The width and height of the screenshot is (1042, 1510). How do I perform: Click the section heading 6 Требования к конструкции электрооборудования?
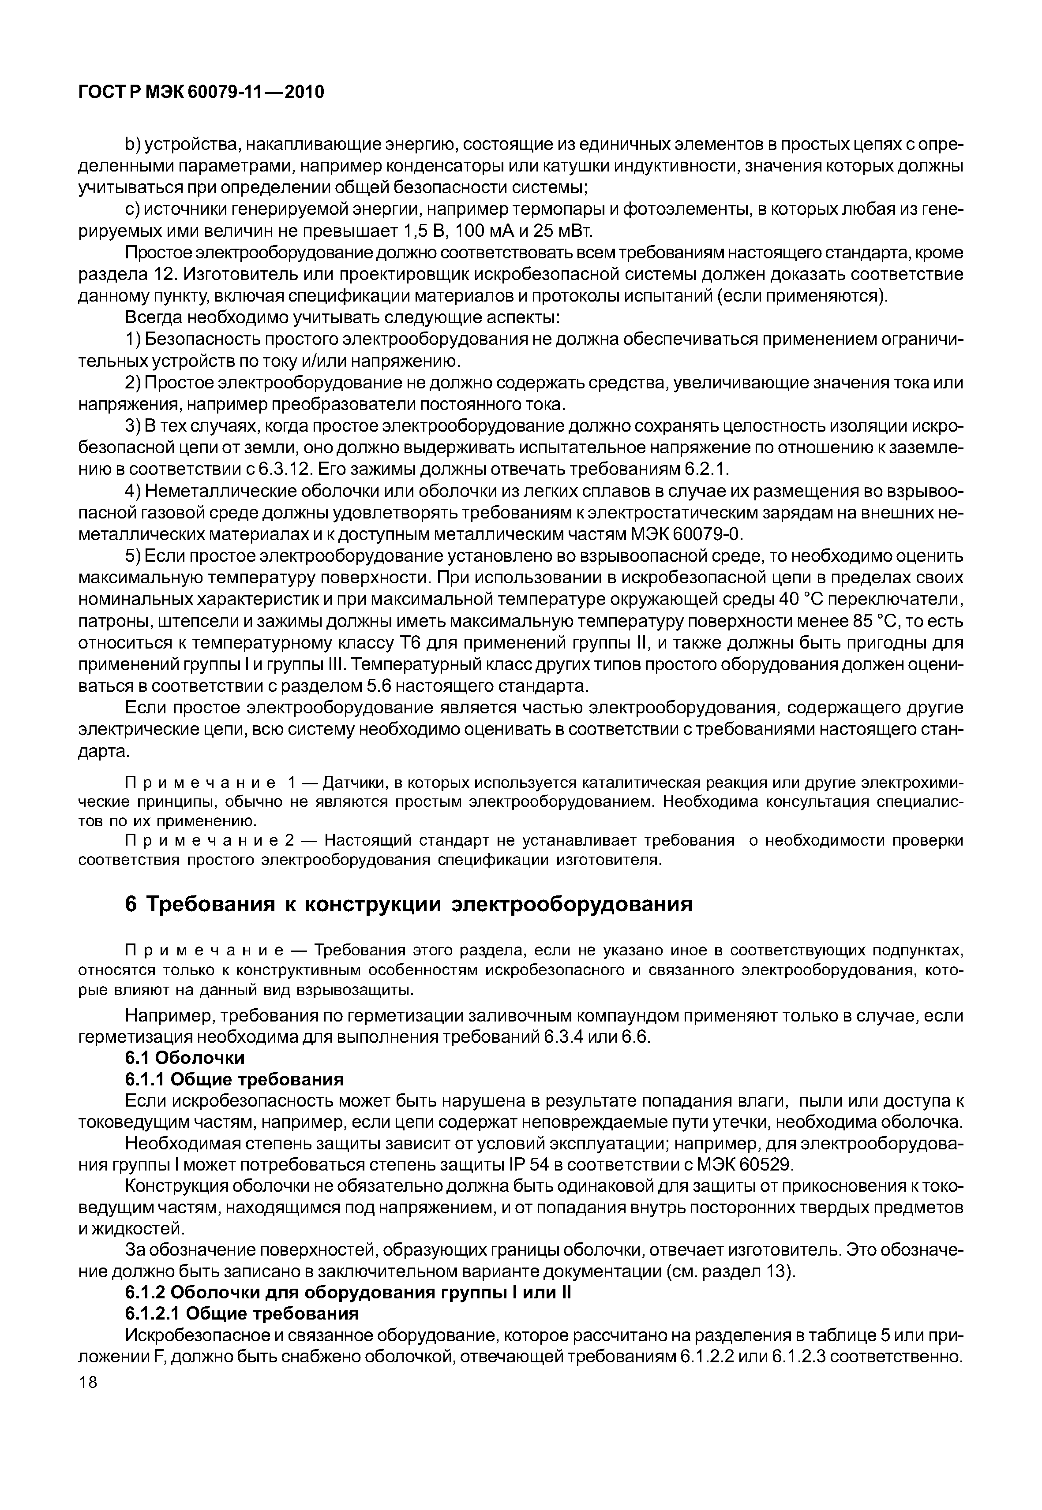tap(408, 905)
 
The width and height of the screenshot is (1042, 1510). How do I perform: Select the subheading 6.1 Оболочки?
tap(185, 1058)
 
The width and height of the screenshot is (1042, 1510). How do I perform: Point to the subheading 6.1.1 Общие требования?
tap(234, 1079)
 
